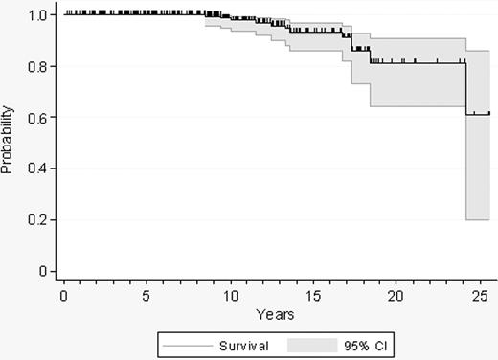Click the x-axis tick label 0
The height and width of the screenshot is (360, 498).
click(64, 294)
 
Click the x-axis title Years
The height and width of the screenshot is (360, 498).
click(274, 313)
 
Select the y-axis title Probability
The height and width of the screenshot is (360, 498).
click(9, 144)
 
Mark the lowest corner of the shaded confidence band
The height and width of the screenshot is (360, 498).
click(466, 219)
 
